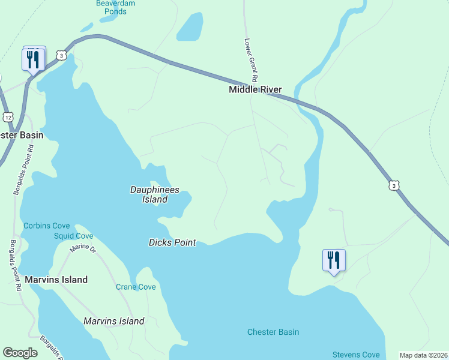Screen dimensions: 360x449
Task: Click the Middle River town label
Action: click(255, 90)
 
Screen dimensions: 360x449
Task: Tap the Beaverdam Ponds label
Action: click(115, 7)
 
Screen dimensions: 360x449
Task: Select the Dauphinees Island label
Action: click(155, 194)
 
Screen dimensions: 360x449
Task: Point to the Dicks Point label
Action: click(173, 242)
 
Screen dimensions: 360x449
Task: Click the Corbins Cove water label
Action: click(47, 226)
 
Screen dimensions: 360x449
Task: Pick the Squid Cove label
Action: click(73, 236)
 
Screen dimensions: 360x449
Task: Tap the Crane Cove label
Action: click(136, 287)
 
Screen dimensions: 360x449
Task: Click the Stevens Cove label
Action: click(357, 355)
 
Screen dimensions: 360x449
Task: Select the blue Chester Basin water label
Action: click(273, 332)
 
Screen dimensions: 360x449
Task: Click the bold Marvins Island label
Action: click(56, 280)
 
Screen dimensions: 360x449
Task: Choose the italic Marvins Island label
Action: click(114, 321)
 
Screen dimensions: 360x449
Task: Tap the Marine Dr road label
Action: click(83, 247)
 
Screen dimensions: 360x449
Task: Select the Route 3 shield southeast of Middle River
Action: click(393, 186)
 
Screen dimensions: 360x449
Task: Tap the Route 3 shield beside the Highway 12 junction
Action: click(61, 55)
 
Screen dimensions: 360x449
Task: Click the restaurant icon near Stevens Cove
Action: click(334, 260)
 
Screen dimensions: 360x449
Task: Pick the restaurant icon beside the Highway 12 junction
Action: click(32, 59)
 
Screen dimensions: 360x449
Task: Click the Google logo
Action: click(20, 353)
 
